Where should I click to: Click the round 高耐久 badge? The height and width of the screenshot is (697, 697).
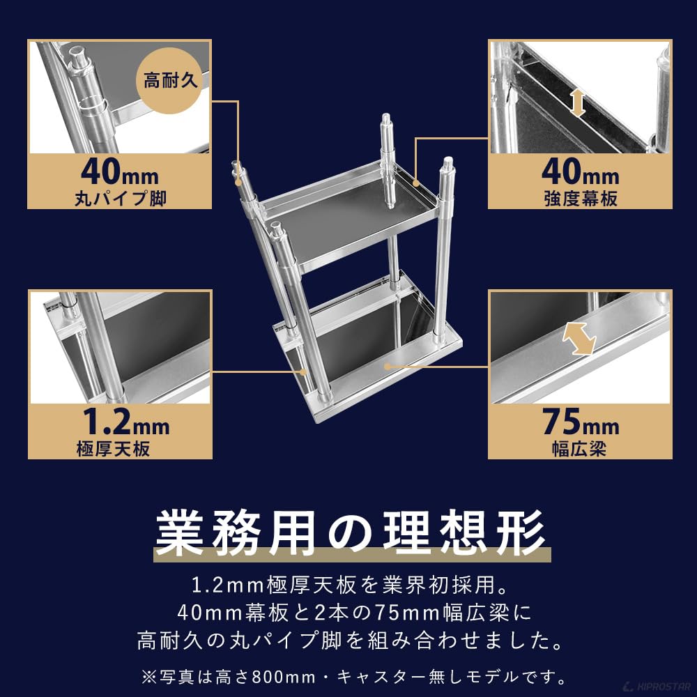point(172,82)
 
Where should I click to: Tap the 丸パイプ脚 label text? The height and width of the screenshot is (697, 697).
point(120,199)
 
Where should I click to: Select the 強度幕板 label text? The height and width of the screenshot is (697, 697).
point(580,199)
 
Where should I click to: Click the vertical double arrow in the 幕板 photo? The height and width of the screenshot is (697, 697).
point(577,102)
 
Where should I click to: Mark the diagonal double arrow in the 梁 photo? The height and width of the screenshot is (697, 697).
point(579,339)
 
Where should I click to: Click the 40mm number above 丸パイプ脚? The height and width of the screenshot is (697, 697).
point(120,171)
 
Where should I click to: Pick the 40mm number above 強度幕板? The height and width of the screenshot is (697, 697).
point(580,171)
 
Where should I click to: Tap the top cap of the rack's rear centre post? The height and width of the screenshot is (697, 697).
point(385,120)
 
